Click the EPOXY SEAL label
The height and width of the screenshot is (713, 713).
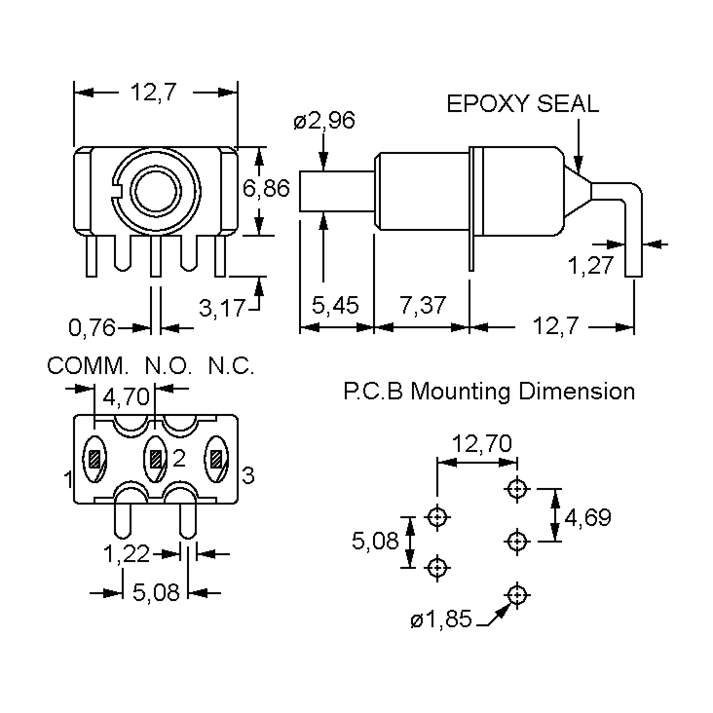click(522, 104)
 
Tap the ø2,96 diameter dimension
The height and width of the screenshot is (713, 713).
click(324, 120)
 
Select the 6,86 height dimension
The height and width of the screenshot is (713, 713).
click(266, 189)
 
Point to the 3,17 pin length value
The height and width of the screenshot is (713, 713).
click(222, 308)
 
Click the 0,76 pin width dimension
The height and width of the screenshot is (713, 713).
click(92, 328)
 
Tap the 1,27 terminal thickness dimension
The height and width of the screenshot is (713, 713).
click(591, 265)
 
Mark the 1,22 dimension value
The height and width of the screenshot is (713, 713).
click(126, 554)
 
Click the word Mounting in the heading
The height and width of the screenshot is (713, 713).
click(460, 391)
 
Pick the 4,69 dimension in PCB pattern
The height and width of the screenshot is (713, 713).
click(588, 518)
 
